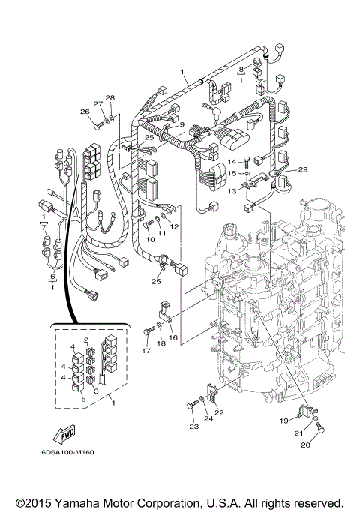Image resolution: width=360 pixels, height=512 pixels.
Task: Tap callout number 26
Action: (x=85, y=112)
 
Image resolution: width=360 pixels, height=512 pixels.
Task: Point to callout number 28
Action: (x=109, y=99)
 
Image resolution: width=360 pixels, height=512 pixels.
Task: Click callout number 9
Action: (x=181, y=125)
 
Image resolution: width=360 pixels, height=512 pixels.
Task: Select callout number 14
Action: (x=232, y=162)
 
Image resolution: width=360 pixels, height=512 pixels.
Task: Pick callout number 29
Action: (x=303, y=171)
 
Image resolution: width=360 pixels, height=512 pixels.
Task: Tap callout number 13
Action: (x=232, y=192)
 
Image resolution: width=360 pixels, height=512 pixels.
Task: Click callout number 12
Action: (x=174, y=226)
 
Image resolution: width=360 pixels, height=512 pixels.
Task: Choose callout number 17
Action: (x=146, y=351)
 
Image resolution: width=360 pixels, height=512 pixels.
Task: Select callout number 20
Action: (x=305, y=445)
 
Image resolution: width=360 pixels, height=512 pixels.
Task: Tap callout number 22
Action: (x=219, y=412)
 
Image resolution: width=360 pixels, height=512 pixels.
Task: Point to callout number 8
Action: (x=241, y=70)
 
